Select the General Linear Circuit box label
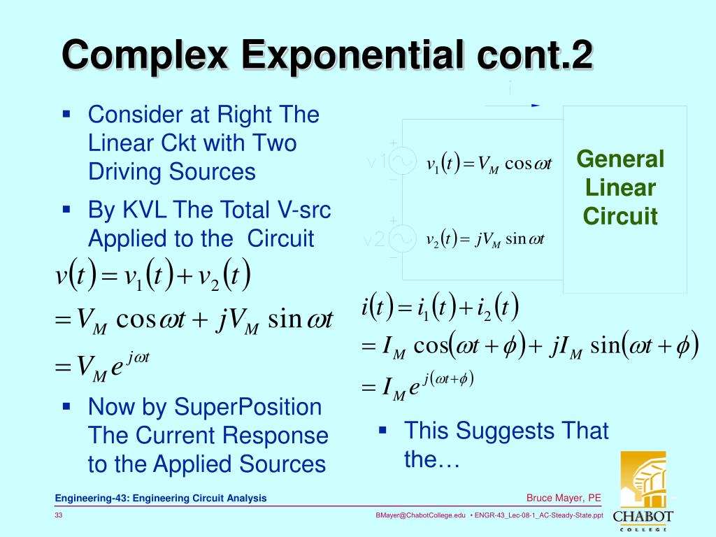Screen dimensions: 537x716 (x=620, y=187)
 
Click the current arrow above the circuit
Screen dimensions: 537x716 (x=536, y=106)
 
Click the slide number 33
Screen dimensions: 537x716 (x=59, y=515)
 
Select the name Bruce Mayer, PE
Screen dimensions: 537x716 (x=564, y=498)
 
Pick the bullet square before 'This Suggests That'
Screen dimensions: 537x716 (x=382, y=429)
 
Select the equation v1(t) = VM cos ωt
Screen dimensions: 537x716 (x=489, y=164)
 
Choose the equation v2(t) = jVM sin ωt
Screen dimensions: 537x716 (x=485, y=240)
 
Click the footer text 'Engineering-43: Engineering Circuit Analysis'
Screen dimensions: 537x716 (x=161, y=498)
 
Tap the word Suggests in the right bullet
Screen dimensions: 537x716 (x=502, y=431)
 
